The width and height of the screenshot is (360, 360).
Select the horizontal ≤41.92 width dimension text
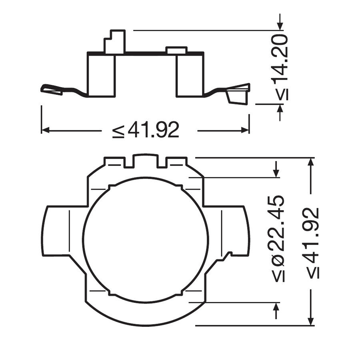coord(146,130)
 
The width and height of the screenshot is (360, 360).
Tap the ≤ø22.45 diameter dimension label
coord(280,239)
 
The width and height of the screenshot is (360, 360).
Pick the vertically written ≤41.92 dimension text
coord(313,243)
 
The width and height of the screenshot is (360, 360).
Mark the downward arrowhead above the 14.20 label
coord(280,25)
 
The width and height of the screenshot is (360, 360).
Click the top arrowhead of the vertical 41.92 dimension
coord(311,162)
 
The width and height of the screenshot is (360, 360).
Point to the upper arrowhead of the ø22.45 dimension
coord(276,172)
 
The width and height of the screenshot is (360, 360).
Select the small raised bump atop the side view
coord(176,50)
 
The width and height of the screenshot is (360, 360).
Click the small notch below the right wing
coord(229,254)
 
